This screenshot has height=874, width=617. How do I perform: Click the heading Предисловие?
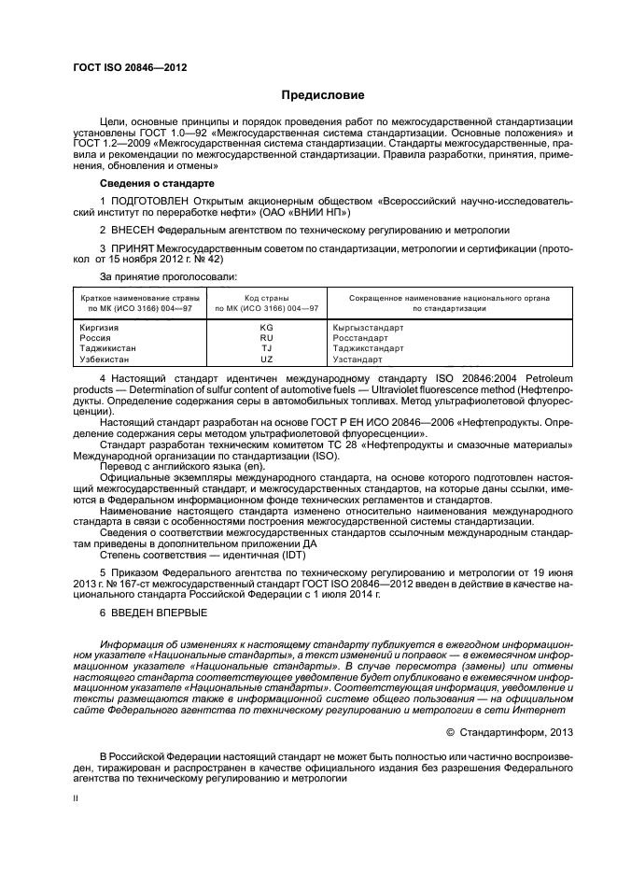pos(323,95)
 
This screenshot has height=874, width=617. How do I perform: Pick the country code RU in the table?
pos(266,338)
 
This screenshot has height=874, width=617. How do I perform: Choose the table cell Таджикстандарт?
pos(368,348)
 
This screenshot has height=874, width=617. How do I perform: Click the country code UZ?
pos(266,359)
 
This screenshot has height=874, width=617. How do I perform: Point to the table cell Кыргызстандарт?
pos(368,328)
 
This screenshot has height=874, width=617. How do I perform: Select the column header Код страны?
pos(266,297)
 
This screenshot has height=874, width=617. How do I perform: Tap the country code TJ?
pos(266,348)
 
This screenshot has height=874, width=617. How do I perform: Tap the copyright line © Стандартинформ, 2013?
pos(508,732)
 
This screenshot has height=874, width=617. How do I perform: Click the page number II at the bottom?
pos(77,798)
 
